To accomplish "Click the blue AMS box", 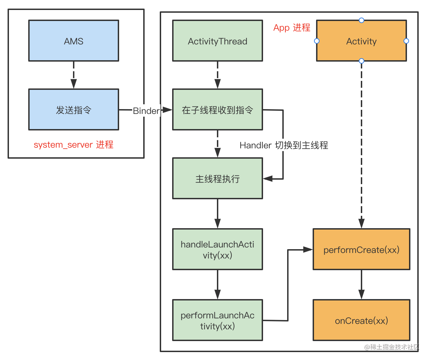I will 74,41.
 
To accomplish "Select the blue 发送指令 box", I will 74,110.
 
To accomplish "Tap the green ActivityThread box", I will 217,41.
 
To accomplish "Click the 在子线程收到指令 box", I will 217,110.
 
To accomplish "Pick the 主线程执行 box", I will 217,179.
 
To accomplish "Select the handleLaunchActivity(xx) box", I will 217,250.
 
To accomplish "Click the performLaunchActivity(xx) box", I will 217,320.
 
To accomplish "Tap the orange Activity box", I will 361,41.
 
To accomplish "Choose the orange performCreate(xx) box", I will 361,250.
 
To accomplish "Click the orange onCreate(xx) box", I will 361,320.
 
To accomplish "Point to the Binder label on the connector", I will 146,111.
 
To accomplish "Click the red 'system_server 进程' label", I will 73,145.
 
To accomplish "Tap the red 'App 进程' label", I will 292,28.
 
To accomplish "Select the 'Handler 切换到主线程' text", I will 284,145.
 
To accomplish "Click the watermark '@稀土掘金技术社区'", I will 391,347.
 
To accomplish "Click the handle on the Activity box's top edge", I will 361,20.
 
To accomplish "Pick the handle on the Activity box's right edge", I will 406,41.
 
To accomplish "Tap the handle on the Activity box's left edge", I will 317,41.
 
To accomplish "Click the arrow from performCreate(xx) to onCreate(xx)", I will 361,284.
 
